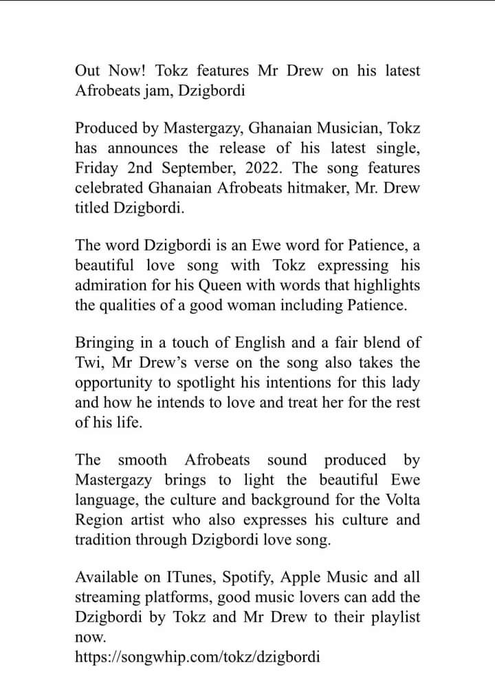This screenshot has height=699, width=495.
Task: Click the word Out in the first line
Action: click(x=88, y=71)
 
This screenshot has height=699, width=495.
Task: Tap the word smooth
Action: click(x=142, y=461)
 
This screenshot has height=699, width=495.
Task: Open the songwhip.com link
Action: click(x=197, y=656)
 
